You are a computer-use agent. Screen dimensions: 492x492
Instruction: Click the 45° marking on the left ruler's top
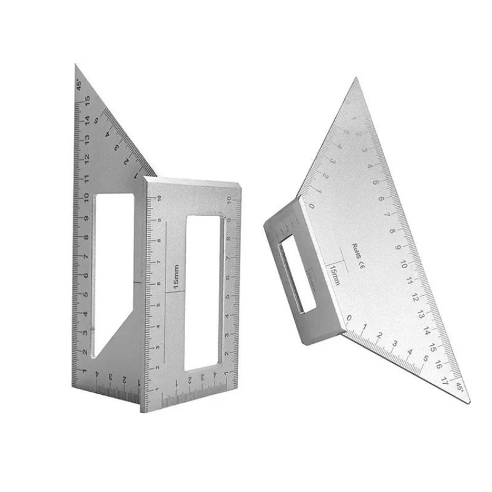(80, 83)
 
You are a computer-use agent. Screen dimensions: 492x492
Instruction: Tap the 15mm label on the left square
(176, 277)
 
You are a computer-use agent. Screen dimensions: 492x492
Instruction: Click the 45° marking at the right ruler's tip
(460, 387)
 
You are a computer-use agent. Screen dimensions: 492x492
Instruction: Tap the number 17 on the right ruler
(445, 375)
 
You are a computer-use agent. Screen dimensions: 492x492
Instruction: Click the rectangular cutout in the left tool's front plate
(204, 294)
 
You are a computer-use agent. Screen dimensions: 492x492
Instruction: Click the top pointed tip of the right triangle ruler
(355, 79)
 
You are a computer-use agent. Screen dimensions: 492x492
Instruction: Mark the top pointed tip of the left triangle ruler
(76, 65)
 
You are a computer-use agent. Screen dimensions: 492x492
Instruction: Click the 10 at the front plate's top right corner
(229, 198)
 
